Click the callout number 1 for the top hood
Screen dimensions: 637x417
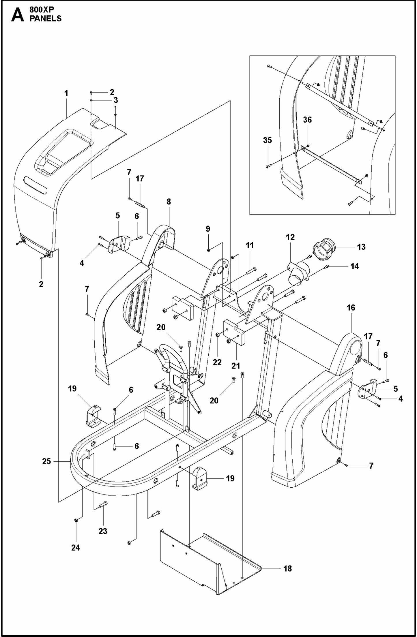[x=66, y=93]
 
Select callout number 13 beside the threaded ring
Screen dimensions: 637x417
[x=361, y=247]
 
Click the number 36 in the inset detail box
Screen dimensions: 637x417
[x=307, y=120]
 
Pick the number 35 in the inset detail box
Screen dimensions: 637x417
[x=268, y=140]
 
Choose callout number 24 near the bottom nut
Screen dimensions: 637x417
[x=76, y=548]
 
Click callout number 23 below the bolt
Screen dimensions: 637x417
[x=103, y=531]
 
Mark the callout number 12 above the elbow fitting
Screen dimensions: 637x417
[x=290, y=237]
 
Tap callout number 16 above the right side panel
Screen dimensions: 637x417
[x=351, y=308]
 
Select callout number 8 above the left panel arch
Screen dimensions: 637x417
[x=169, y=202]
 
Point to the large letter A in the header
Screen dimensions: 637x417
[x=17, y=15]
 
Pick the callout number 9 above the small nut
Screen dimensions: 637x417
[x=208, y=229]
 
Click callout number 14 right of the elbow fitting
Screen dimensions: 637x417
[x=354, y=266]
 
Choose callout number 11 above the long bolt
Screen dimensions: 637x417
[x=250, y=245]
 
